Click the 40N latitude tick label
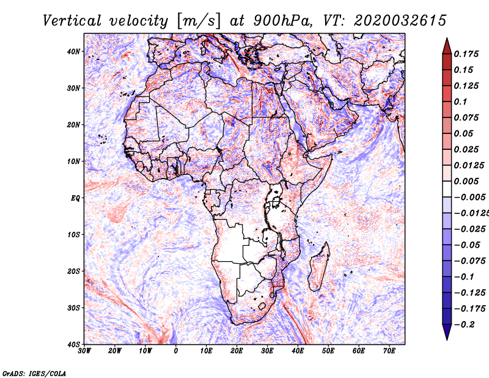click(73, 51)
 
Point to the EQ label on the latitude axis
click(75, 198)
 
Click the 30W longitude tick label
click(84, 351)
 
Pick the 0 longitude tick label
click(176, 351)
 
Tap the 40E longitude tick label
click(298, 351)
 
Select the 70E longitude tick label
click(389, 351)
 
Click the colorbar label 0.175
click(466, 54)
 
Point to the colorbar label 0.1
click(461, 102)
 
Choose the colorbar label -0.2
click(465, 325)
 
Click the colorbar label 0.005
click(466, 181)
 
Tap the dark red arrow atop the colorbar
click(447, 46)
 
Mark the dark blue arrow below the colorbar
click(447, 332)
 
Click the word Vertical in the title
click(72, 21)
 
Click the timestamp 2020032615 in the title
click(400, 21)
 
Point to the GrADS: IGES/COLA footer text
click(34, 373)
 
